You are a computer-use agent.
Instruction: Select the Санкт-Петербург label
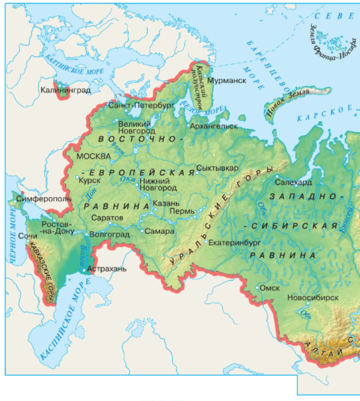coord(141,106)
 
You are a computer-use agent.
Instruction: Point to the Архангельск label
coord(215,125)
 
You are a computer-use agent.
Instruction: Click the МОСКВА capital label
coord(93,156)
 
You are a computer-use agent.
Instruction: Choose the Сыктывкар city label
coord(217,168)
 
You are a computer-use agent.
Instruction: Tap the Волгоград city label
coord(108,235)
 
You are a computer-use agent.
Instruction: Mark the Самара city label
coord(159,231)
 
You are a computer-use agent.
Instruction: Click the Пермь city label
coord(182,212)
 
